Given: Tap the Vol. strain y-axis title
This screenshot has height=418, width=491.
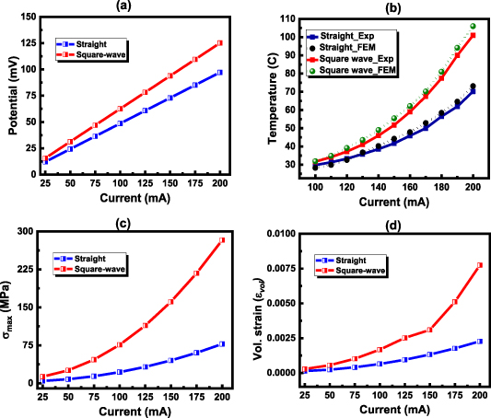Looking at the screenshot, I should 256,308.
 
